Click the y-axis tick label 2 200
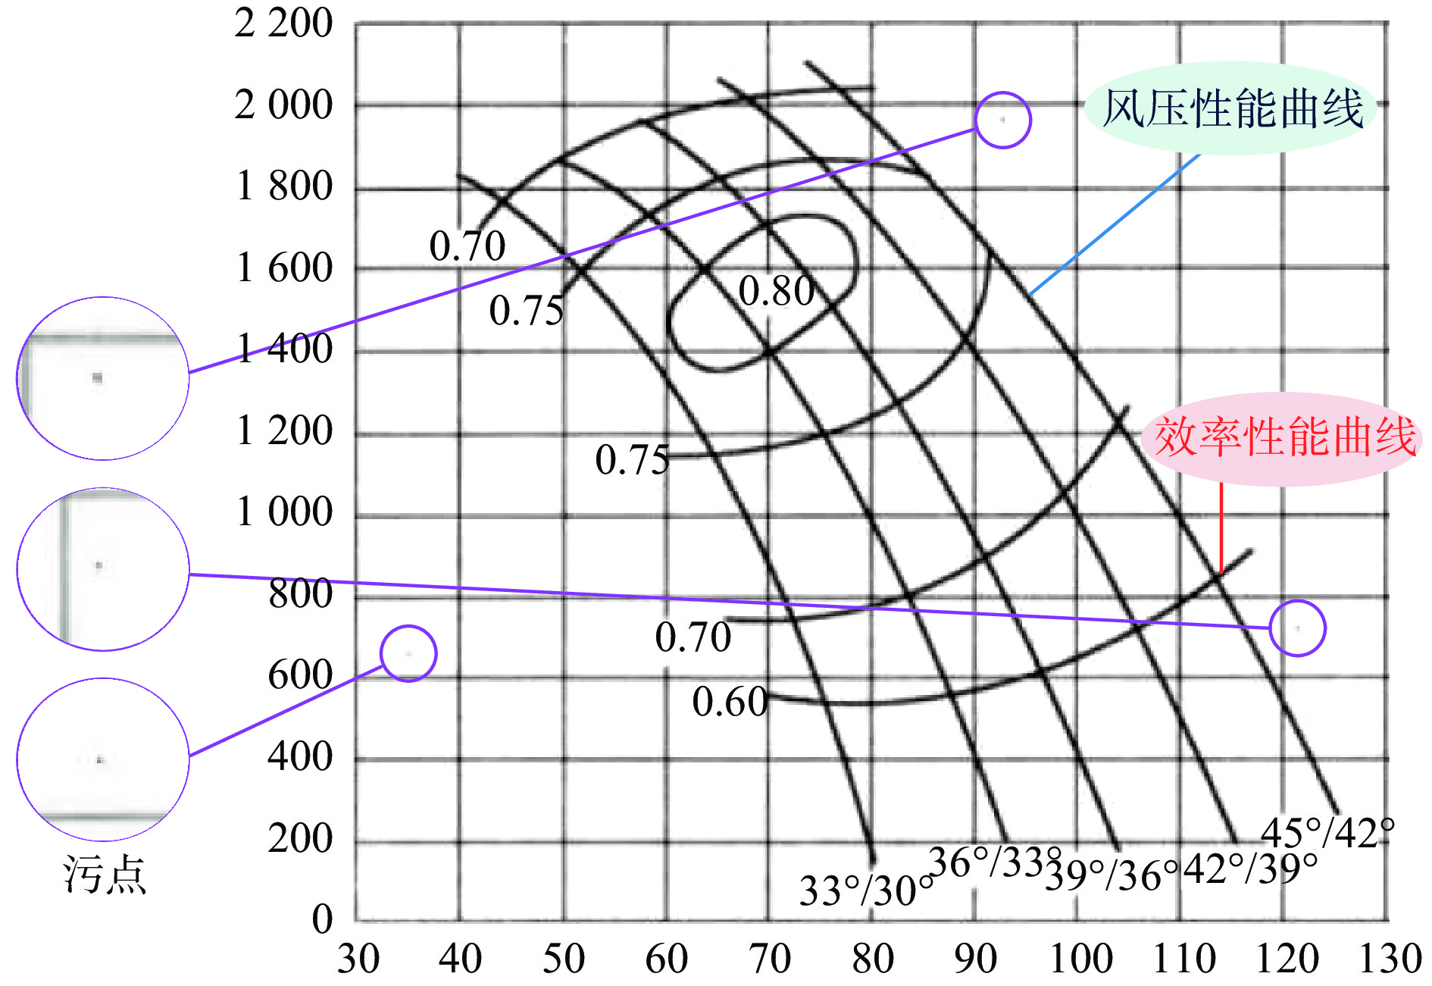click(x=283, y=23)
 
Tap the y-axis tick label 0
click(x=322, y=919)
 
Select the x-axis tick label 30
click(x=358, y=959)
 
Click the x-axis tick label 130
click(x=1390, y=959)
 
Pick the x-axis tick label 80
click(x=873, y=959)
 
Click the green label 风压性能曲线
click(x=1231, y=108)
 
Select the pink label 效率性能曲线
click(x=1284, y=437)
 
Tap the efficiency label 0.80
click(x=776, y=291)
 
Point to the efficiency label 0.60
click(x=729, y=702)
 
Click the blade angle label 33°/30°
click(x=866, y=891)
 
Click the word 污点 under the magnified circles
click(x=105, y=875)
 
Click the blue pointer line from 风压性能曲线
click(x=1114, y=224)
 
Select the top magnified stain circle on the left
click(x=103, y=378)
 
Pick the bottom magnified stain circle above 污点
click(x=103, y=759)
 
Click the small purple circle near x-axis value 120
click(x=1297, y=628)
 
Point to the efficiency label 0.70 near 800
click(x=693, y=637)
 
